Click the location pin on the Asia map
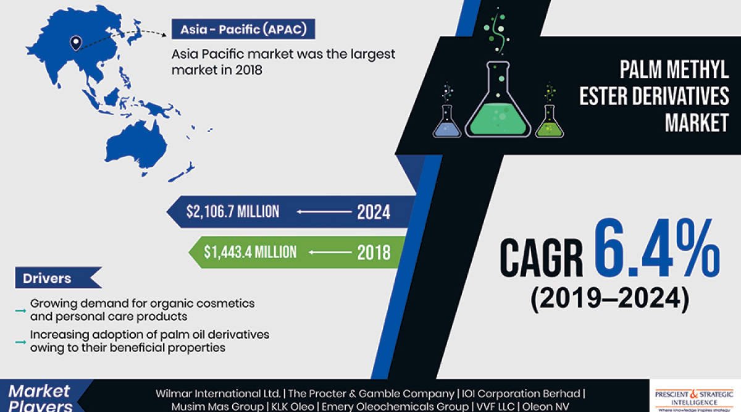click(x=75, y=43)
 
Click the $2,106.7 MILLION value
click(x=233, y=212)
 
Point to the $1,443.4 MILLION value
click(x=251, y=252)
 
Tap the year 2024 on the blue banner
click(x=373, y=212)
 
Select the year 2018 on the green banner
click(x=373, y=252)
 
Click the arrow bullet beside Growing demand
click(x=20, y=307)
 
